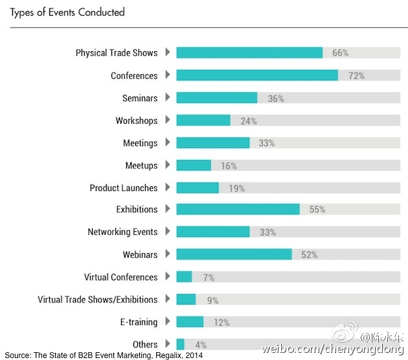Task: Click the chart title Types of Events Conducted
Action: [67, 12]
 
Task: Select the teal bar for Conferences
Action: [256, 75]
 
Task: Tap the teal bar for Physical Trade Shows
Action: [249, 52]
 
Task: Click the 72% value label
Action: [356, 76]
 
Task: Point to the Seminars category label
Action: [140, 98]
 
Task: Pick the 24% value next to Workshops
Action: [249, 121]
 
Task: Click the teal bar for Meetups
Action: [194, 165]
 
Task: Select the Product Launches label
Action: [124, 188]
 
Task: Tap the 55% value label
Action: [317, 210]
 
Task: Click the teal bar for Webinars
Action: [234, 254]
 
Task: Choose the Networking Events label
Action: [122, 232]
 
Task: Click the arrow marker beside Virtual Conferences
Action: [168, 276]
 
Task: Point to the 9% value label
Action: [212, 300]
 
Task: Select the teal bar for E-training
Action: [190, 322]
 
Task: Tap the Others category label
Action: [145, 344]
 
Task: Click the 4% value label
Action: [201, 345]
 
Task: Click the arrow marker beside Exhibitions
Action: [168, 208]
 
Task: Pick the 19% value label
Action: [236, 188]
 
